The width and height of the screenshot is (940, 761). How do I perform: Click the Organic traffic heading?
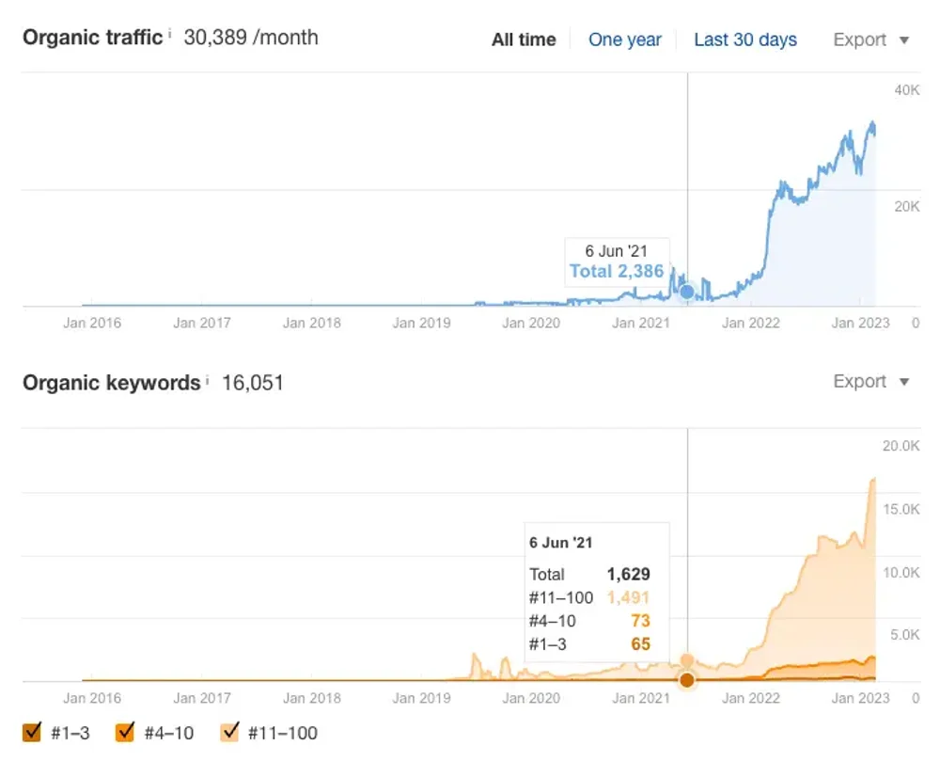click(92, 39)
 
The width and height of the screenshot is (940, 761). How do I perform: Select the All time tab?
click(524, 40)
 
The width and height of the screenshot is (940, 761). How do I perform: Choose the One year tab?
click(625, 40)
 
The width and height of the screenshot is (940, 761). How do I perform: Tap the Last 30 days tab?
click(745, 40)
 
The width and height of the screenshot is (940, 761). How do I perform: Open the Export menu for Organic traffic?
click(870, 40)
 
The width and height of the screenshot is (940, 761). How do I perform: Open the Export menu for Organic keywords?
click(870, 381)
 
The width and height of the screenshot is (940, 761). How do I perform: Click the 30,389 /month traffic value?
click(251, 39)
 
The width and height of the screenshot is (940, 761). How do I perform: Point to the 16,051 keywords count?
click(252, 382)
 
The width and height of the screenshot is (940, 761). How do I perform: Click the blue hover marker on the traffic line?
click(687, 292)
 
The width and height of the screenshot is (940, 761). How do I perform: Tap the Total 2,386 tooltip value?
click(617, 272)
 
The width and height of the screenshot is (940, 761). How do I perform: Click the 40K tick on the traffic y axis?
click(906, 89)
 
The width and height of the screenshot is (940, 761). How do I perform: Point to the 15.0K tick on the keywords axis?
click(901, 509)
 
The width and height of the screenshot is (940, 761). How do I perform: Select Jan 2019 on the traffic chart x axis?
click(421, 323)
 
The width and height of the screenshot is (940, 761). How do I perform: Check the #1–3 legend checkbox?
click(33, 732)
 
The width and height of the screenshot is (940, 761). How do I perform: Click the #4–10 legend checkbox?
click(125, 732)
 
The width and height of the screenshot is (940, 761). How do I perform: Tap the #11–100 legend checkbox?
click(229, 732)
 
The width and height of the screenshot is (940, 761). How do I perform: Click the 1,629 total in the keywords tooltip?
click(628, 574)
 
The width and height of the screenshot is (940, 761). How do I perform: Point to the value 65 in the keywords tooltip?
click(639, 644)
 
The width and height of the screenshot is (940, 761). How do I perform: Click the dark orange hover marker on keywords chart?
click(687, 679)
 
